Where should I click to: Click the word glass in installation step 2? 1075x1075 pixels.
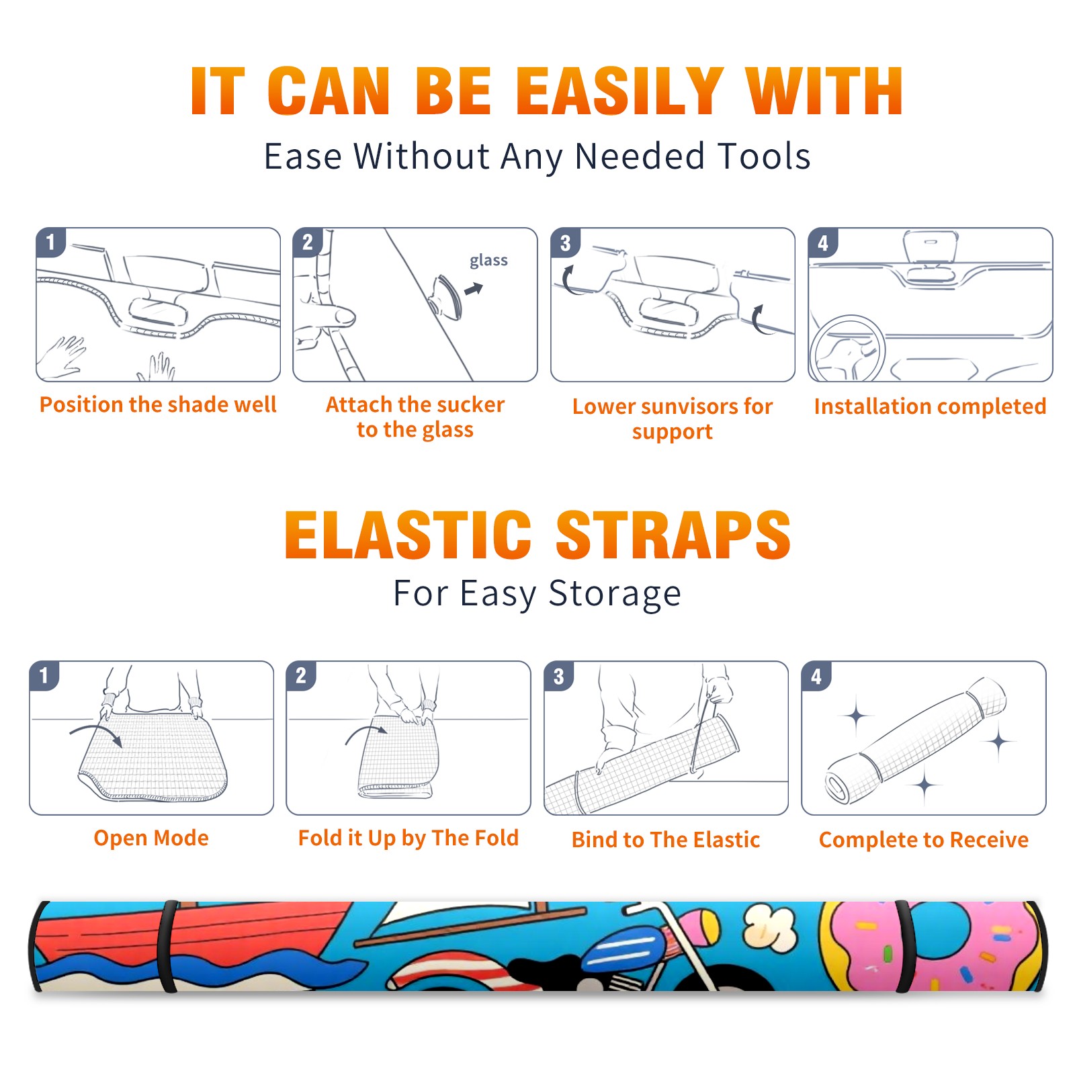488,261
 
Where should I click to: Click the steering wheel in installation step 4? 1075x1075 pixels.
847,349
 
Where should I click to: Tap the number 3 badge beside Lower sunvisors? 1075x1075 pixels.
565,243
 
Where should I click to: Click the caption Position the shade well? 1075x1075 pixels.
158,404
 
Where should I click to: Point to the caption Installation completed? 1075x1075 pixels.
930,406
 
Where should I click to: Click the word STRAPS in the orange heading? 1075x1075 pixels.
673,535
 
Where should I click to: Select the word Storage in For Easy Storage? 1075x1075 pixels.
615,594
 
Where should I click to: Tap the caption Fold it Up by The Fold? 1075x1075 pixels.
408,838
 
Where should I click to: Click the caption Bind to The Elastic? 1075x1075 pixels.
666,839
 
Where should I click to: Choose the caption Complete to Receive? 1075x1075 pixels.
924,839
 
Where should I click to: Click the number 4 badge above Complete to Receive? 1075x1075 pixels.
816,676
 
